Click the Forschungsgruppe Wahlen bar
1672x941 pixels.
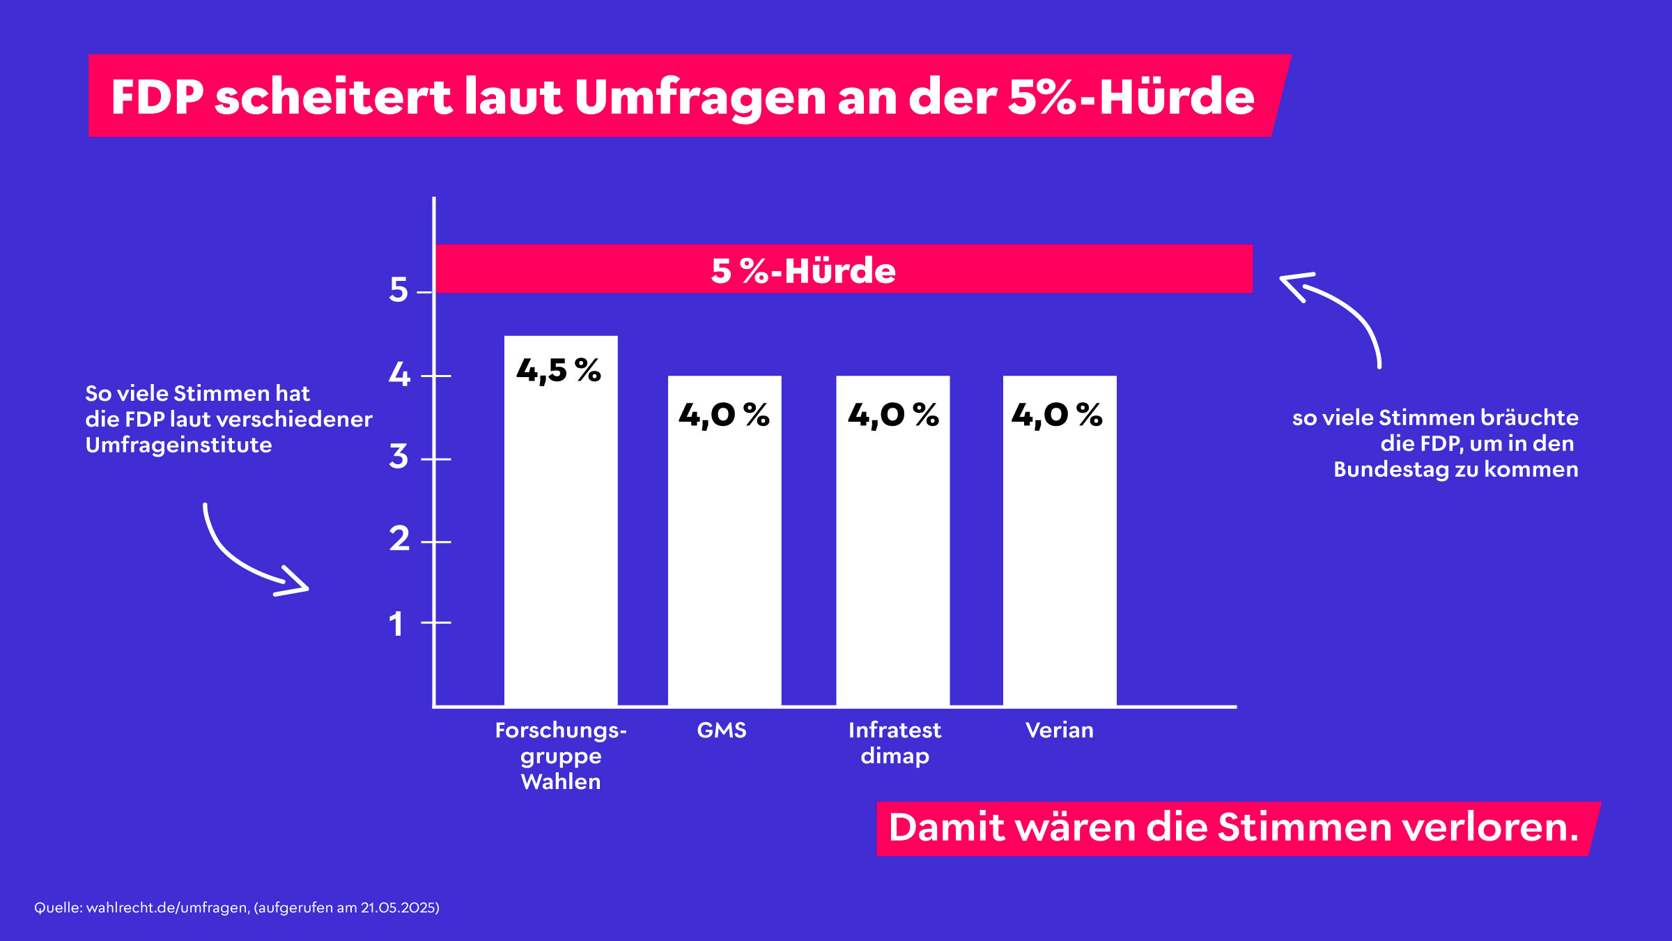pyautogui.click(x=561, y=530)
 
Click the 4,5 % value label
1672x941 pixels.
pyautogui.click(x=559, y=371)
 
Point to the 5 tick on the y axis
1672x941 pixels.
pyautogui.click(x=398, y=290)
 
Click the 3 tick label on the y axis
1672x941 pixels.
pyautogui.click(x=398, y=457)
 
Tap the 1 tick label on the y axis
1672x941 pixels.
pyautogui.click(x=396, y=623)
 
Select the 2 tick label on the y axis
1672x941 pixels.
pyautogui.click(x=399, y=540)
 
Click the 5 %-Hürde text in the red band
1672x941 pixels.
pyautogui.click(x=803, y=270)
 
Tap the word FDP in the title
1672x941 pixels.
pyautogui.click(x=157, y=97)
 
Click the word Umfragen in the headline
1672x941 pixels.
pyautogui.click(x=700, y=98)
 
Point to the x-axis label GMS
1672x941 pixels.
pyautogui.click(x=722, y=730)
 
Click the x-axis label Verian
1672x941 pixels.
pyautogui.click(x=1060, y=730)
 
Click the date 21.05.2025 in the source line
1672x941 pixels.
pyautogui.click(x=399, y=908)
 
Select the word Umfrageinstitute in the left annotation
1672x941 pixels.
pyautogui.click(x=179, y=445)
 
